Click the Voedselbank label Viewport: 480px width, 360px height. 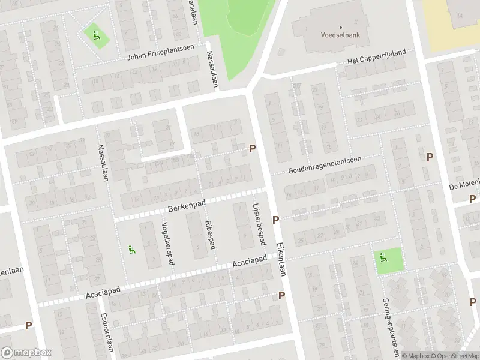(x=340, y=35)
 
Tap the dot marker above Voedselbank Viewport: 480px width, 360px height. (x=340, y=27)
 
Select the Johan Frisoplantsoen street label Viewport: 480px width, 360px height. (x=163, y=56)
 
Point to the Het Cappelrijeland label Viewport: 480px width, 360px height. (x=377, y=57)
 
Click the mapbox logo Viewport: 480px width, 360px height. (x=26, y=353)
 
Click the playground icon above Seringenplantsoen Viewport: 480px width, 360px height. (x=383, y=258)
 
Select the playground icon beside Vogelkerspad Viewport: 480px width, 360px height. (x=131, y=250)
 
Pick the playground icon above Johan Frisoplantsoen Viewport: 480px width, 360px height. (x=95, y=36)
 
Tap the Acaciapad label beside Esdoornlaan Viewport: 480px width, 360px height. (x=103, y=292)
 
